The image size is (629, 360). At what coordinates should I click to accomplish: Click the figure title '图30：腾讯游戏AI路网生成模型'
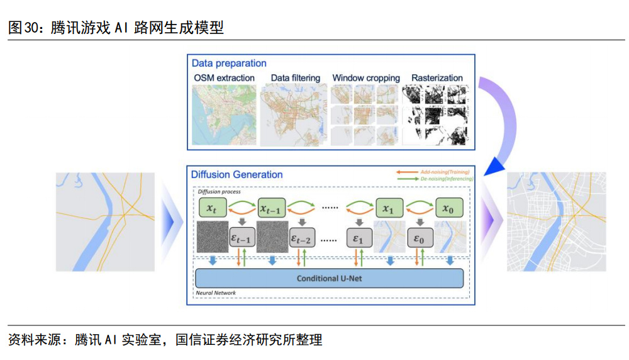(x=116, y=28)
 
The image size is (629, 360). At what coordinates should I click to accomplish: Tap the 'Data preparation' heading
(x=229, y=64)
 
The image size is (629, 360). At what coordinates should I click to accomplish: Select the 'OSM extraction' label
(x=224, y=78)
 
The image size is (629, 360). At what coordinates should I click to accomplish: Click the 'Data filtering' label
(x=295, y=78)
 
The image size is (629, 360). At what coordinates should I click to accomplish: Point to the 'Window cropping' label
(x=366, y=78)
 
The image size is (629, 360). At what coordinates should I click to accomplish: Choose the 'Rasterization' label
(x=437, y=78)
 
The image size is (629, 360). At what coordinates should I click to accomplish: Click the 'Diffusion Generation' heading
(x=237, y=174)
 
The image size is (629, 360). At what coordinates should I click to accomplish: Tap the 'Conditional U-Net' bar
(x=330, y=278)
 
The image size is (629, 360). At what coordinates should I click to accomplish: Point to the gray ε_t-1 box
(x=242, y=239)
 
